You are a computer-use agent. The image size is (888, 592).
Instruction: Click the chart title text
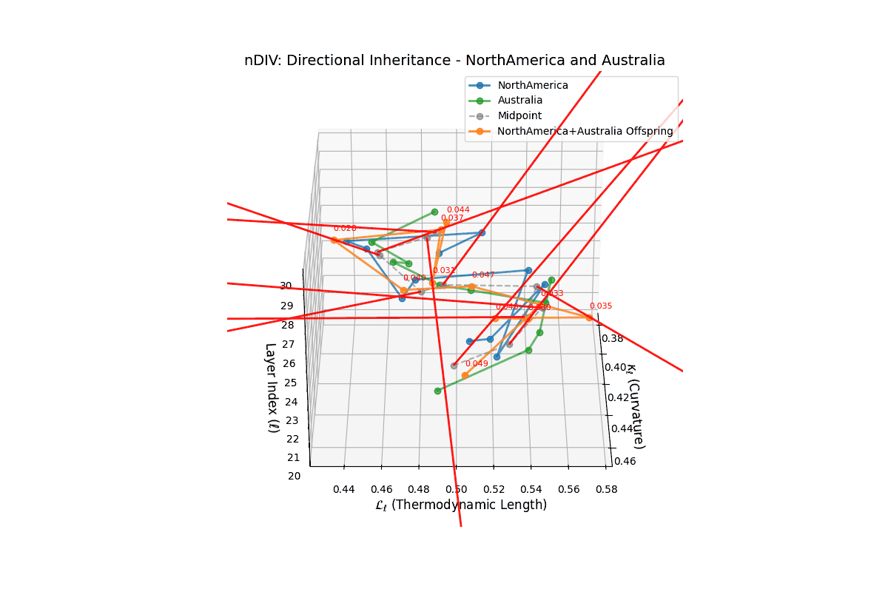[454, 61]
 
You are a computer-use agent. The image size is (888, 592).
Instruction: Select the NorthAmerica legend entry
[533, 85]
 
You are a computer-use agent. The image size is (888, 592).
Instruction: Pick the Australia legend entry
[520, 100]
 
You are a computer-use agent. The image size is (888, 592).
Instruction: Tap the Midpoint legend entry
[519, 115]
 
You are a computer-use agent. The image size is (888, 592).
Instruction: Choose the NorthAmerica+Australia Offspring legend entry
[585, 131]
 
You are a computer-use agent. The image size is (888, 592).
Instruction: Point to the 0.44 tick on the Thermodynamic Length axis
[343, 489]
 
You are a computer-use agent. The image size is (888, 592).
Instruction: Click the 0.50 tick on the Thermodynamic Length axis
[457, 489]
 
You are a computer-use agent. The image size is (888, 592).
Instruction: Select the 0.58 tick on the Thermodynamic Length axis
[607, 489]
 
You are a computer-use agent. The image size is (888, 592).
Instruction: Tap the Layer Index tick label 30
[286, 286]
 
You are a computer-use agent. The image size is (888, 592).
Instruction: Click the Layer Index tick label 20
[295, 476]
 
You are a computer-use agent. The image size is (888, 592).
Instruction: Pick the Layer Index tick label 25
[291, 383]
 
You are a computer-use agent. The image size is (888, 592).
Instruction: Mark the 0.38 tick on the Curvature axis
[612, 339]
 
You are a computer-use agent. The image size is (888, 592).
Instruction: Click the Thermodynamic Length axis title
[460, 505]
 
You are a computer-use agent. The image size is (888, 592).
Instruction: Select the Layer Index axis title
[271, 387]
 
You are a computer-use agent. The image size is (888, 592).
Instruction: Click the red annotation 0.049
[477, 363]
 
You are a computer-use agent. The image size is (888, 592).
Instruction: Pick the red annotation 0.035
[601, 306]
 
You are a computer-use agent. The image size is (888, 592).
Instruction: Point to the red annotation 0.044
[458, 210]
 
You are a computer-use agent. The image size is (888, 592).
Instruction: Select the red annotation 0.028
[345, 229]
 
